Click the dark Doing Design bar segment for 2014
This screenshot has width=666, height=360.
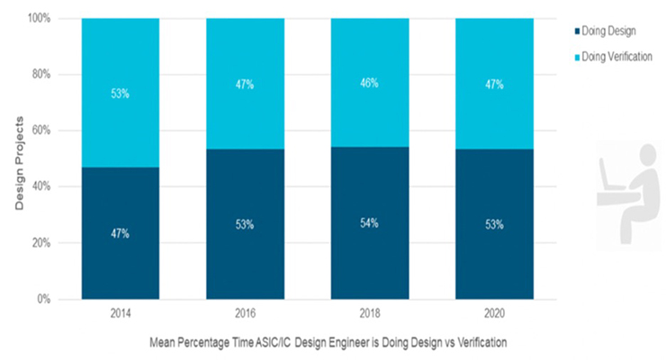tap(120, 233)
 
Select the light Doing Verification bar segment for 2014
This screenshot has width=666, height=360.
tap(120, 92)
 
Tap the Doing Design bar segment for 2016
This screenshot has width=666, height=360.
tap(245, 224)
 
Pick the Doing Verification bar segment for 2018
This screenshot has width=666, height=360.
tap(369, 83)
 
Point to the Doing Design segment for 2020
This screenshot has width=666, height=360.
tap(493, 224)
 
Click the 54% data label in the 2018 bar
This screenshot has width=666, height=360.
tap(369, 222)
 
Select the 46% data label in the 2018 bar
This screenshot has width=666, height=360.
tap(369, 83)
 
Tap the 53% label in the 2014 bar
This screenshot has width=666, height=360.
tap(120, 92)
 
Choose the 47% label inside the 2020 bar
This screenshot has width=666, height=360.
tap(493, 85)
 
